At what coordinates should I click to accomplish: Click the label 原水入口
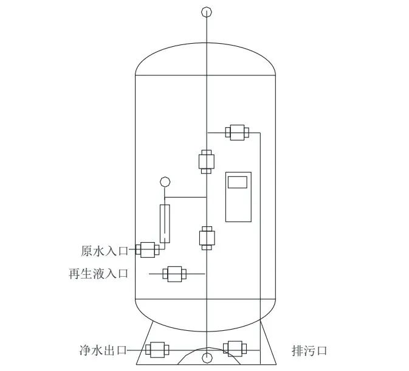point(104,250)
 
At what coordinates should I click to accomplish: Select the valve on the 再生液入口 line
point(175,274)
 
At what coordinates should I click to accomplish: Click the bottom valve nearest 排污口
point(234,348)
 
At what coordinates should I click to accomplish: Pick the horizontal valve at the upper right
point(236,132)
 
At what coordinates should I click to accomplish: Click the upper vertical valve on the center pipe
point(206,162)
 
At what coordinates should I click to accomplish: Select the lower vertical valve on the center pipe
point(206,238)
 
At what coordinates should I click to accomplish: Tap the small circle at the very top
point(207,12)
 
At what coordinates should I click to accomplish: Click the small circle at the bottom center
point(207,357)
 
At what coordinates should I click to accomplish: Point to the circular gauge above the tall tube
point(164,181)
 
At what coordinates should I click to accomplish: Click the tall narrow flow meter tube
point(164,224)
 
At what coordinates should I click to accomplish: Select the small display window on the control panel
point(238,181)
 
